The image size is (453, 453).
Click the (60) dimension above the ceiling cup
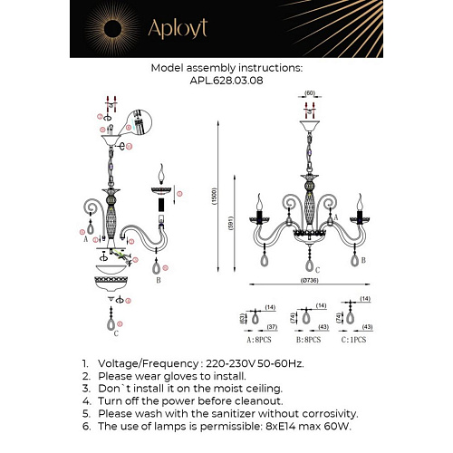[x=308, y=93]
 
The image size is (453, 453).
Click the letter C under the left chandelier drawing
[x=117, y=334]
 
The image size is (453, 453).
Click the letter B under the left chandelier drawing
[x=159, y=281]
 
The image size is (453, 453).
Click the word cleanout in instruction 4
[x=259, y=400]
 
